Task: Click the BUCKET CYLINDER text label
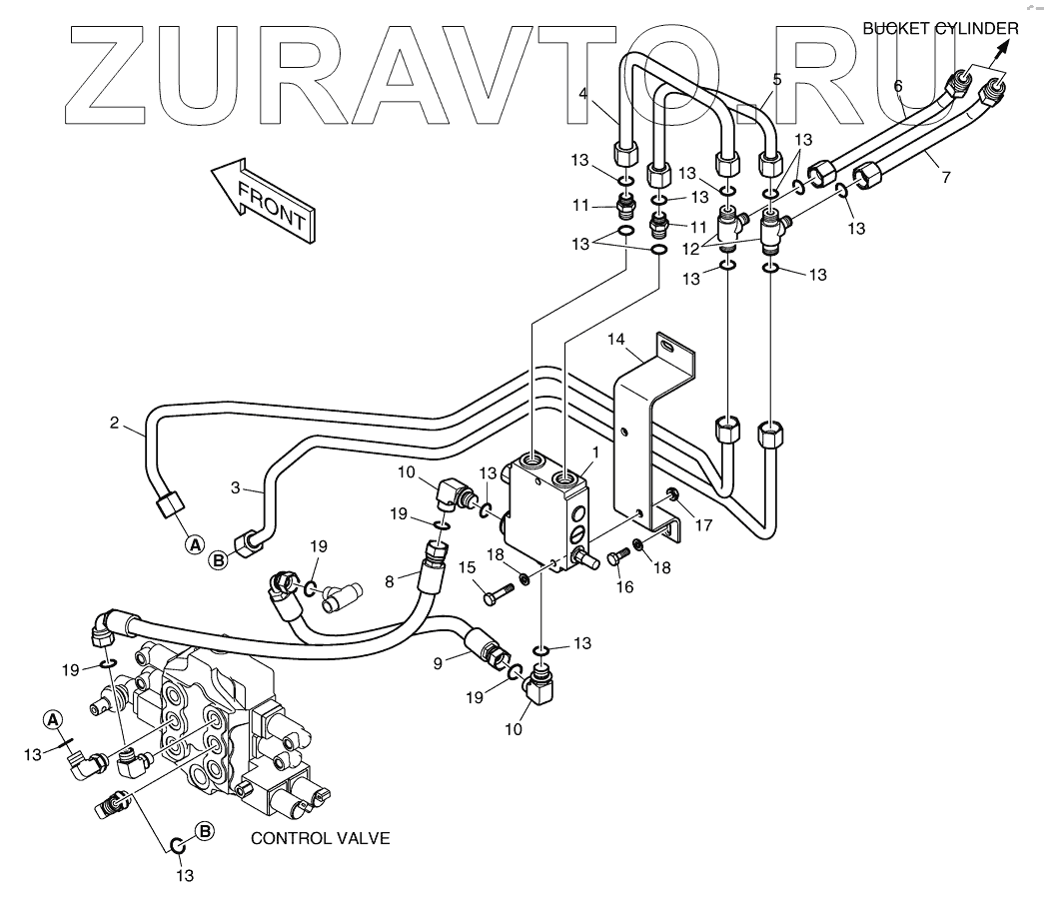pyautogui.click(x=940, y=28)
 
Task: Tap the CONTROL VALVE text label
pyautogui.click(x=320, y=838)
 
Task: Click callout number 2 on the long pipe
pyautogui.click(x=115, y=423)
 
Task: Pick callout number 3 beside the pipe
pyautogui.click(x=236, y=487)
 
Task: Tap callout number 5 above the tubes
pyautogui.click(x=775, y=78)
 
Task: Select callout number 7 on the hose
pyautogui.click(x=945, y=177)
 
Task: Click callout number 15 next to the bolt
pyautogui.click(x=466, y=568)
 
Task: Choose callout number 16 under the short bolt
pyautogui.click(x=624, y=587)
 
